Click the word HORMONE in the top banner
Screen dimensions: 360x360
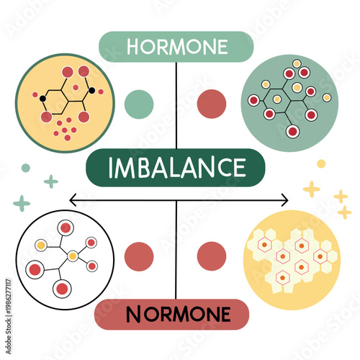point(176,48)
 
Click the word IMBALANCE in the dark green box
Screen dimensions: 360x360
point(176,168)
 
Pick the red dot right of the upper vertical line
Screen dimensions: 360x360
point(212,103)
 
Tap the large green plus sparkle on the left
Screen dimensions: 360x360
point(22,203)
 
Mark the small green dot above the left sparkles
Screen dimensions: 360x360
point(26,168)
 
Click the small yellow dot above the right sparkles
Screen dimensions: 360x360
point(321,163)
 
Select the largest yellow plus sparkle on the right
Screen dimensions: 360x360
point(311,189)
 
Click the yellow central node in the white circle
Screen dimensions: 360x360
point(72,256)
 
